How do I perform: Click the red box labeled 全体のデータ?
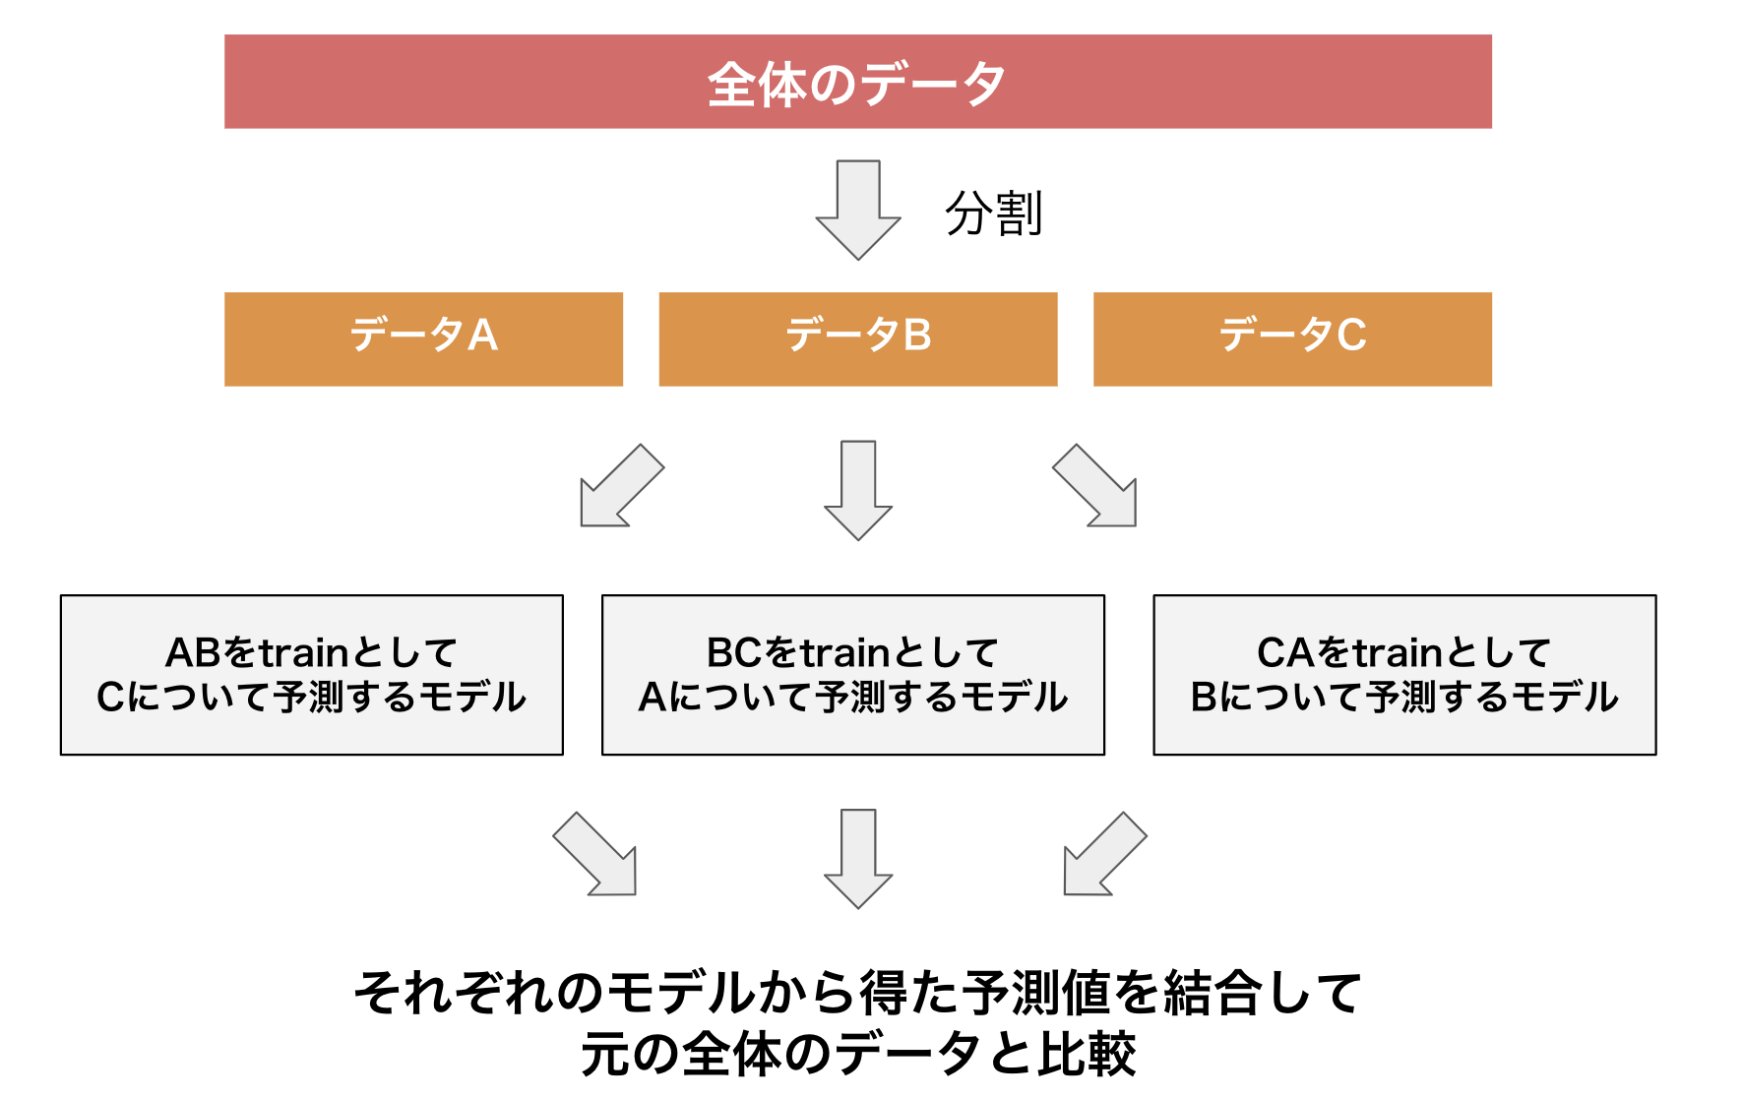tap(857, 82)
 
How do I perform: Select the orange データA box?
tap(423, 338)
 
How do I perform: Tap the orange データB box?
tap(857, 338)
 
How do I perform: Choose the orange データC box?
tap(1291, 338)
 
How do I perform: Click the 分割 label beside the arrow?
tap(993, 213)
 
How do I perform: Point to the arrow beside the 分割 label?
tap(857, 210)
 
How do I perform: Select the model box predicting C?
tap(311, 675)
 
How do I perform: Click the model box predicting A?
tap(852, 675)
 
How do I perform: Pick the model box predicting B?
tap(1404, 675)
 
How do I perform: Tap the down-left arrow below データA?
tap(619, 487)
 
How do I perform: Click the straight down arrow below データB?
tap(857, 490)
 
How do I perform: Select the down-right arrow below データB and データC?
tap(1097, 487)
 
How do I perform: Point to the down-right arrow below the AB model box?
tap(597, 855)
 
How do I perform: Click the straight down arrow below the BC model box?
tap(857, 858)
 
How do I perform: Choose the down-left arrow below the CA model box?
tap(1102, 855)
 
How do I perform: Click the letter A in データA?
tap(482, 335)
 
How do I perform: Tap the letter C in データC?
tap(1351, 335)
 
